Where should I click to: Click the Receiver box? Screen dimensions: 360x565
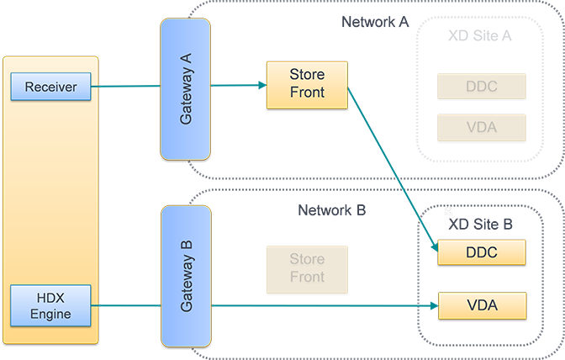(x=50, y=86)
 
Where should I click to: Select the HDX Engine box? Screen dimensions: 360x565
(x=50, y=306)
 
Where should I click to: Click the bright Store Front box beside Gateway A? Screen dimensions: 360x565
(x=307, y=84)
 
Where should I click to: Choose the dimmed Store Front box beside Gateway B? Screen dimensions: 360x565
(x=307, y=268)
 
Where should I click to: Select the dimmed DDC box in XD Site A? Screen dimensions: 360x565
(x=482, y=86)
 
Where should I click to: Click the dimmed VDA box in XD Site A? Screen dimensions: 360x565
(x=482, y=128)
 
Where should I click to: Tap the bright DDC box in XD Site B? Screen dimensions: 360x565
(x=482, y=252)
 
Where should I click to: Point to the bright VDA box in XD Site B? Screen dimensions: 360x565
(x=482, y=305)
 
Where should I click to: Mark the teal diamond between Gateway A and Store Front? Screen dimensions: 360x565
(x=238, y=86)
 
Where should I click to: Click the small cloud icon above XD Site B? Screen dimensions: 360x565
(x=447, y=213)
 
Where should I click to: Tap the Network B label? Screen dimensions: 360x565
(x=333, y=208)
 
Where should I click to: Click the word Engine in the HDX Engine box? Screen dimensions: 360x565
(x=50, y=315)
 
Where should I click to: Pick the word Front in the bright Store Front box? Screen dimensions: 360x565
(x=307, y=93)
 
